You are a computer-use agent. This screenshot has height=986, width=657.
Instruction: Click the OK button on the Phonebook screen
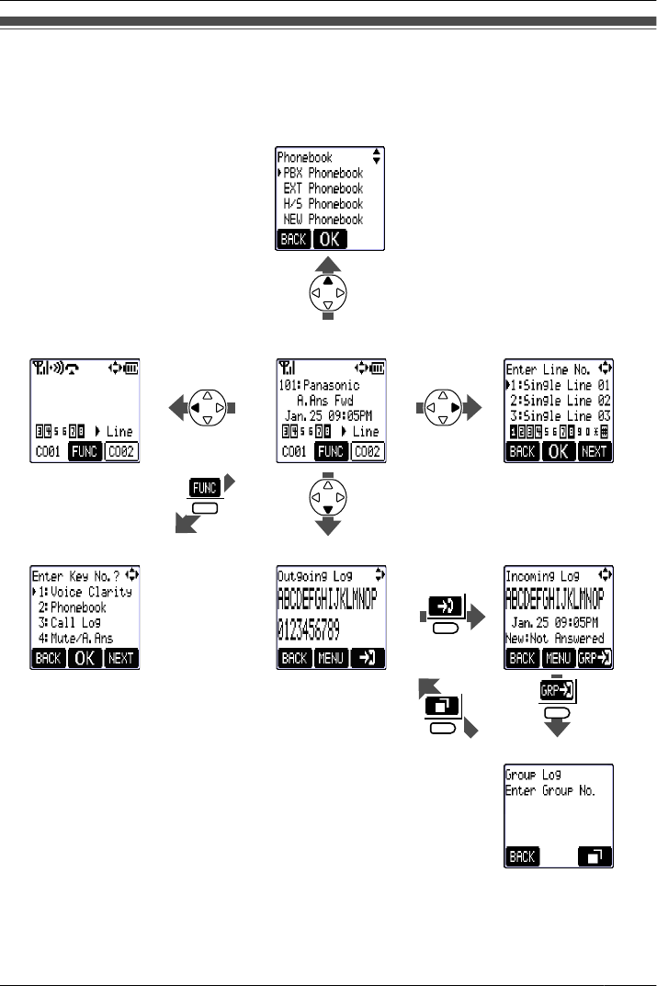[334, 240]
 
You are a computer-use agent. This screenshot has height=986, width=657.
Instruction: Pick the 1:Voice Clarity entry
[85, 592]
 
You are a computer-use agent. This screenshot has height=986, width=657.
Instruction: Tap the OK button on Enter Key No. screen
[85, 658]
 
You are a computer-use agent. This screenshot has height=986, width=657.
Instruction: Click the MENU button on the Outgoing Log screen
[331, 658]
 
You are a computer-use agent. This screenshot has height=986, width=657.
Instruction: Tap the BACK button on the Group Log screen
[522, 856]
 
